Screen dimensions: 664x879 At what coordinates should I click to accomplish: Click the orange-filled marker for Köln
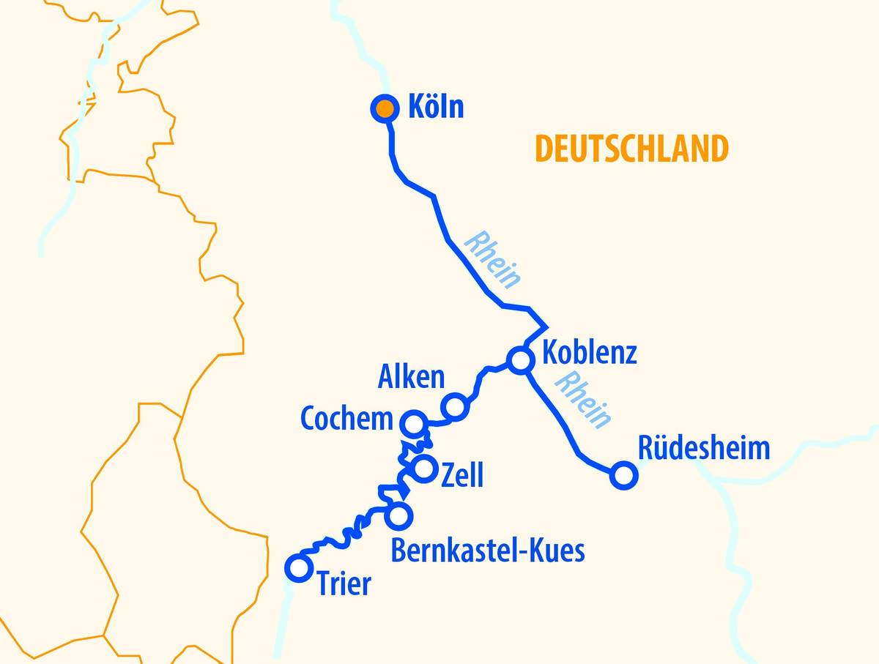(384, 109)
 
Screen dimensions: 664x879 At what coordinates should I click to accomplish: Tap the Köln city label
(435, 108)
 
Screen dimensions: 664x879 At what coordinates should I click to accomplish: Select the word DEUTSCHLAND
(631, 149)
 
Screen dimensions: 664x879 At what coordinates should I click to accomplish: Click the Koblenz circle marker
(520, 360)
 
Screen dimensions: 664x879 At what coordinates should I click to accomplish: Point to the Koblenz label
(589, 353)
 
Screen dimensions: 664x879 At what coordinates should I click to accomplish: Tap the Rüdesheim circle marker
(623, 475)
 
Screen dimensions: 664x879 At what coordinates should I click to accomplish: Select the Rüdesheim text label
(704, 448)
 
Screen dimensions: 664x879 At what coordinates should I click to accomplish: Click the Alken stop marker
(454, 406)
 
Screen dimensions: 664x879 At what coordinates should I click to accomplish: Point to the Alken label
(411, 377)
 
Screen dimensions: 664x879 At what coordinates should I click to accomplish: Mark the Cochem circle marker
(413, 423)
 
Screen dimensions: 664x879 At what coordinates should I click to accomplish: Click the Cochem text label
(347, 419)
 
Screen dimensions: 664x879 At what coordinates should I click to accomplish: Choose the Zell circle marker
(424, 469)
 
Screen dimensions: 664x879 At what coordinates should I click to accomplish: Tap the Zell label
(462, 476)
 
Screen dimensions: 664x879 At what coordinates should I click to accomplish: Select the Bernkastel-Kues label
(488, 551)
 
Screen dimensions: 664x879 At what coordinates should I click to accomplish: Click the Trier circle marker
(298, 567)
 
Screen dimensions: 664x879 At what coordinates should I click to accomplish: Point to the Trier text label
(344, 584)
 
